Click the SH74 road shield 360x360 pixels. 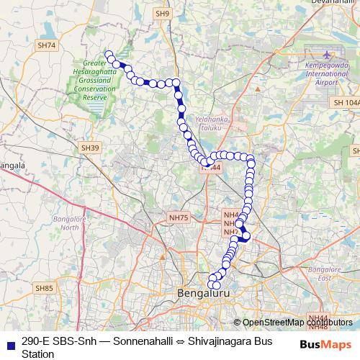(x=47, y=45)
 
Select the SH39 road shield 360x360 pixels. (x=89, y=148)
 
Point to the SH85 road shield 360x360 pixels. (x=45, y=288)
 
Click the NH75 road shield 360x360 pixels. (x=178, y=217)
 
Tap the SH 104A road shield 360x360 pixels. (x=345, y=104)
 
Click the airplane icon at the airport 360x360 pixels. (x=328, y=55)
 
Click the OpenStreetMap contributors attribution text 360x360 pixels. (x=296, y=323)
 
